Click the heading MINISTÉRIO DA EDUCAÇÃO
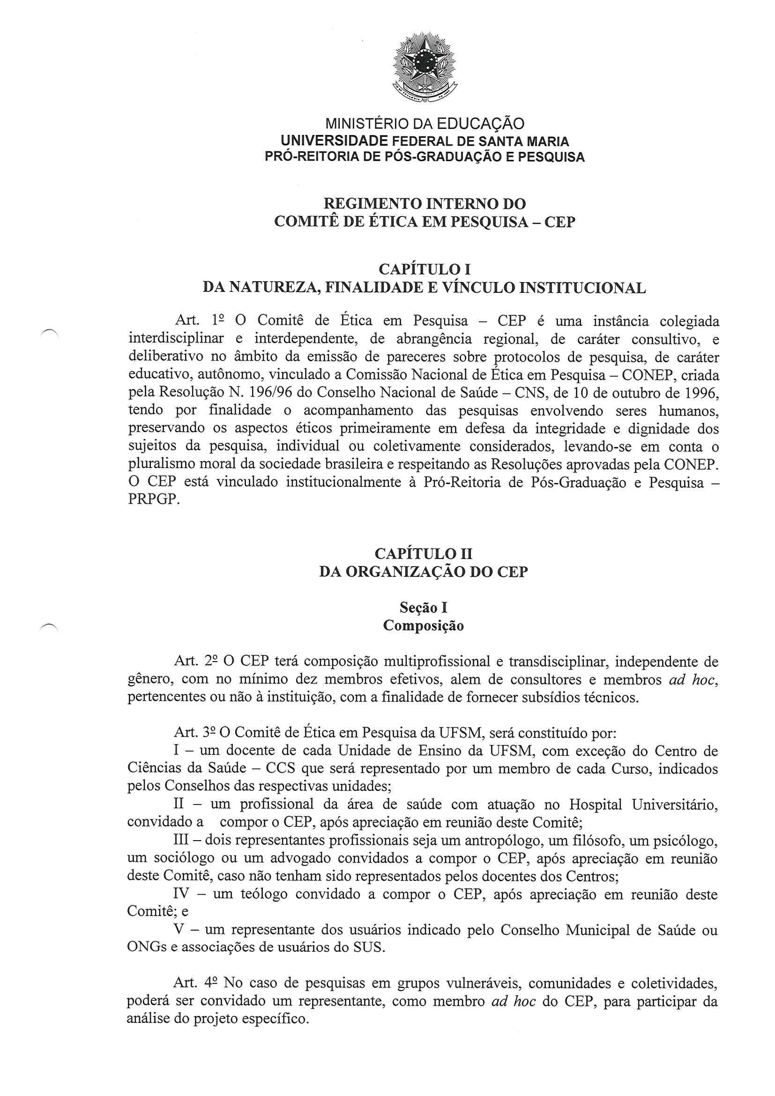click(x=424, y=124)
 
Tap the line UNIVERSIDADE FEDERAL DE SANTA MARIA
click(x=424, y=142)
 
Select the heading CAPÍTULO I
click(x=424, y=270)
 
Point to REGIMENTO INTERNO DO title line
click(x=424, y=204)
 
